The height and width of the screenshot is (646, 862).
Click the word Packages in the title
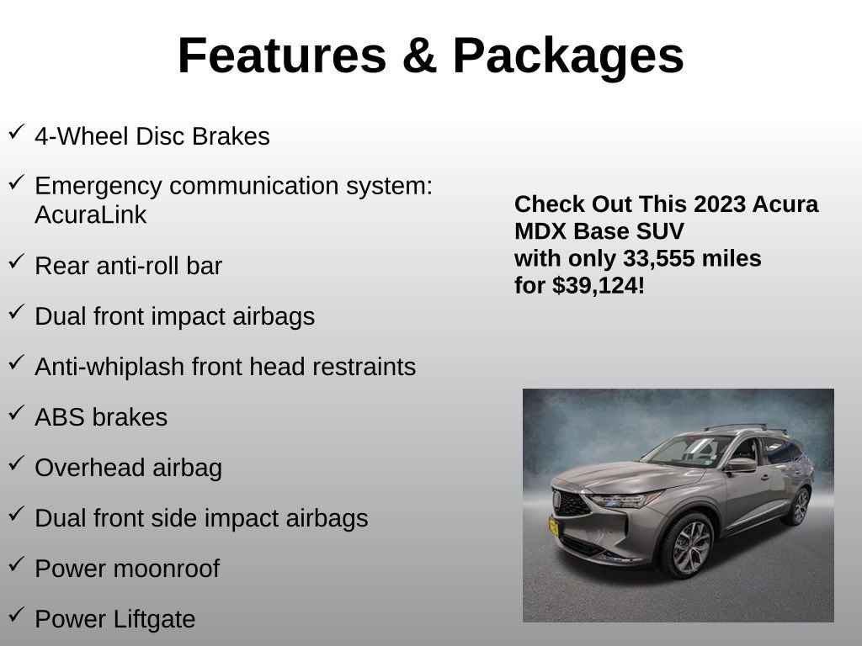point(568,56)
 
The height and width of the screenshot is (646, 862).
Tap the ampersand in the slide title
point(418,56)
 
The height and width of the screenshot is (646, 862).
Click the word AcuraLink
point(90,215)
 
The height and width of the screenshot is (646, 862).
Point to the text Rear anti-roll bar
point(128,266)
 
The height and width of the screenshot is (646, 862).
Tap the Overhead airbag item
point(128,468)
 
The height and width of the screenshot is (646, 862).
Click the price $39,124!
point(599,286)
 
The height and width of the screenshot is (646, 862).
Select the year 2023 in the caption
point(720,204)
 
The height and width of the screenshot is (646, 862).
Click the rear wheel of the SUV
point(795,506)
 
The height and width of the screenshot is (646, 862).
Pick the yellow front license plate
point(555,527)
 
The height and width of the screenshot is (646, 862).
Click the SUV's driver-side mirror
point(741,463)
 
